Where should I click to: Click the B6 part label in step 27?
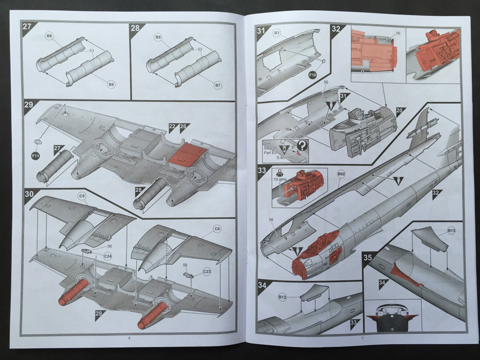click(50, 36)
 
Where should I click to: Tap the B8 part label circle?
click(111, 84)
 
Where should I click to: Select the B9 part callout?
click(158, 37)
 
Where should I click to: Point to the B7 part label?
click(218, 85)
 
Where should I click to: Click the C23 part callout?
click(207, 272)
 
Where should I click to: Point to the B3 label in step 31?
click(276, 33)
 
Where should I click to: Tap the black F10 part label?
click(312, 75)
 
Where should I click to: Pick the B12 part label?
click(282, 298)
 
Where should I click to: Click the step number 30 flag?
click(29, 194)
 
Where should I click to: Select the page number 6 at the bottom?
click(129, 338)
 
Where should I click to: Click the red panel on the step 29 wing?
click(186, 154)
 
